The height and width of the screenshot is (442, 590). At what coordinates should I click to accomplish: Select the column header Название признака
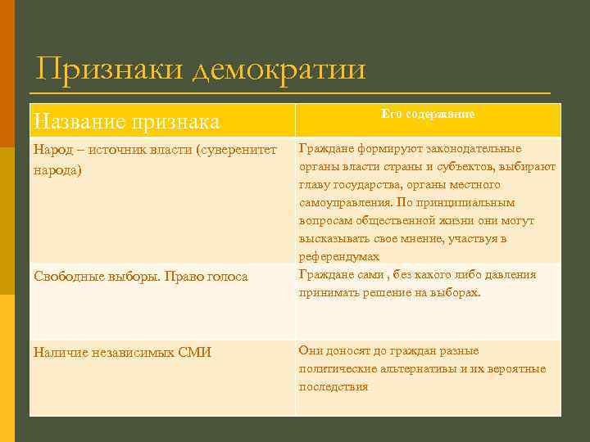[x=126, y=122]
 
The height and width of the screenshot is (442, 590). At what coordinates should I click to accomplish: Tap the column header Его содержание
[x=428, y=115]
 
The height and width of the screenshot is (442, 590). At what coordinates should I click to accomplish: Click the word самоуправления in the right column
[x=344, y=202]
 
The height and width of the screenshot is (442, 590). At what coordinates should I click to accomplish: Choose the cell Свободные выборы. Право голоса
[x=140, y=277]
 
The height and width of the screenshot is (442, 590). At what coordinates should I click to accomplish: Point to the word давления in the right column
[x=509, y=274]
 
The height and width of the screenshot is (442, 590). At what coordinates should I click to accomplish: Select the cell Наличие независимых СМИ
[x=122, y=353]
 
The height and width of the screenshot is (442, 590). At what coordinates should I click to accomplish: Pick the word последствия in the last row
[x=334, y=386]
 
